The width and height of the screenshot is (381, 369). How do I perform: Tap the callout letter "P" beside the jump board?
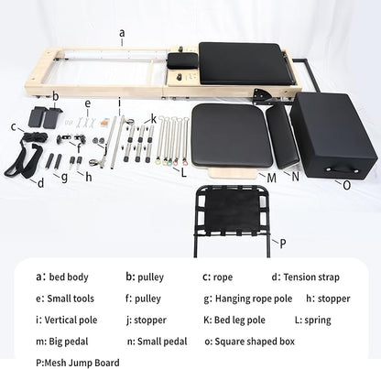point(283,244)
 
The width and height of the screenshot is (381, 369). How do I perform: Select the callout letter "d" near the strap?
point(40,182)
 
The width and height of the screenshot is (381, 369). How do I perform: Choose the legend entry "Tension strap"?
point(314,276)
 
